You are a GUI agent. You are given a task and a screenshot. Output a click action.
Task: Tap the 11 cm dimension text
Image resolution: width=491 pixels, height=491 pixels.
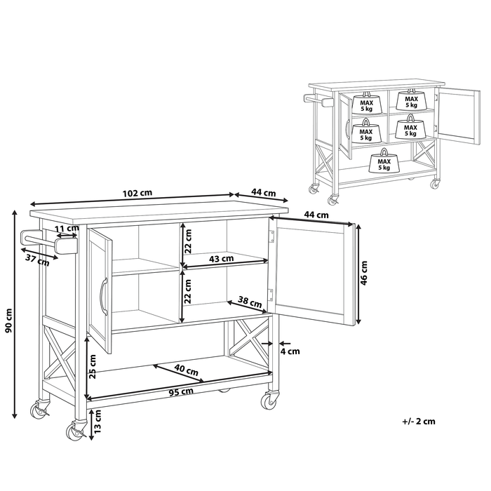[x=67, y=229]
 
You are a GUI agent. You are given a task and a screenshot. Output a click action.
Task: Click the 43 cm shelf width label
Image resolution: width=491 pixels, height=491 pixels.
[x=222, y=259]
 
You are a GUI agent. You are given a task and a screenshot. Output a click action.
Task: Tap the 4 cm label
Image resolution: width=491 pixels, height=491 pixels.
[x=290, y=351]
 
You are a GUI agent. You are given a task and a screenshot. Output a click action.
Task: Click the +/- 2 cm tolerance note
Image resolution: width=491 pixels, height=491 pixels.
[x=419, y=422]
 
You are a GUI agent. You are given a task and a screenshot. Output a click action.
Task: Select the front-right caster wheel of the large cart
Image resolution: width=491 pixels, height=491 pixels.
[x=268, y=401]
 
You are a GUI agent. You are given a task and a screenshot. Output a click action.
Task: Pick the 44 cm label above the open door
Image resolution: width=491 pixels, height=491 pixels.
[x=317, y=215]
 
